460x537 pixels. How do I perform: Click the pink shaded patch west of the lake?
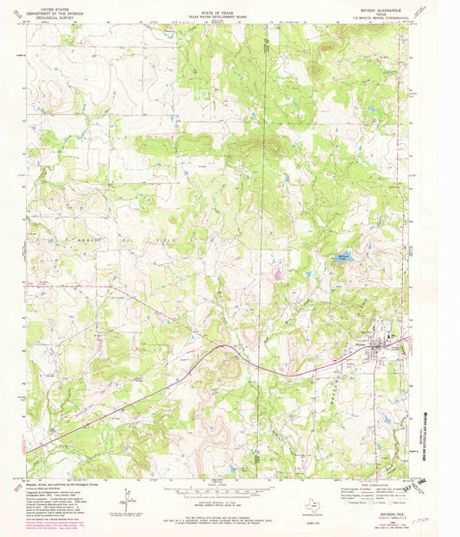(x=278, y=275)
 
